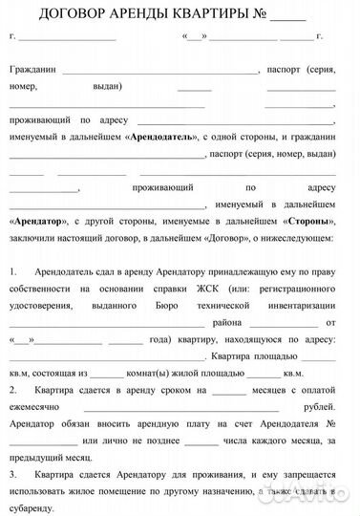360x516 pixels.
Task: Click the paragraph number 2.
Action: pos(13,390)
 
